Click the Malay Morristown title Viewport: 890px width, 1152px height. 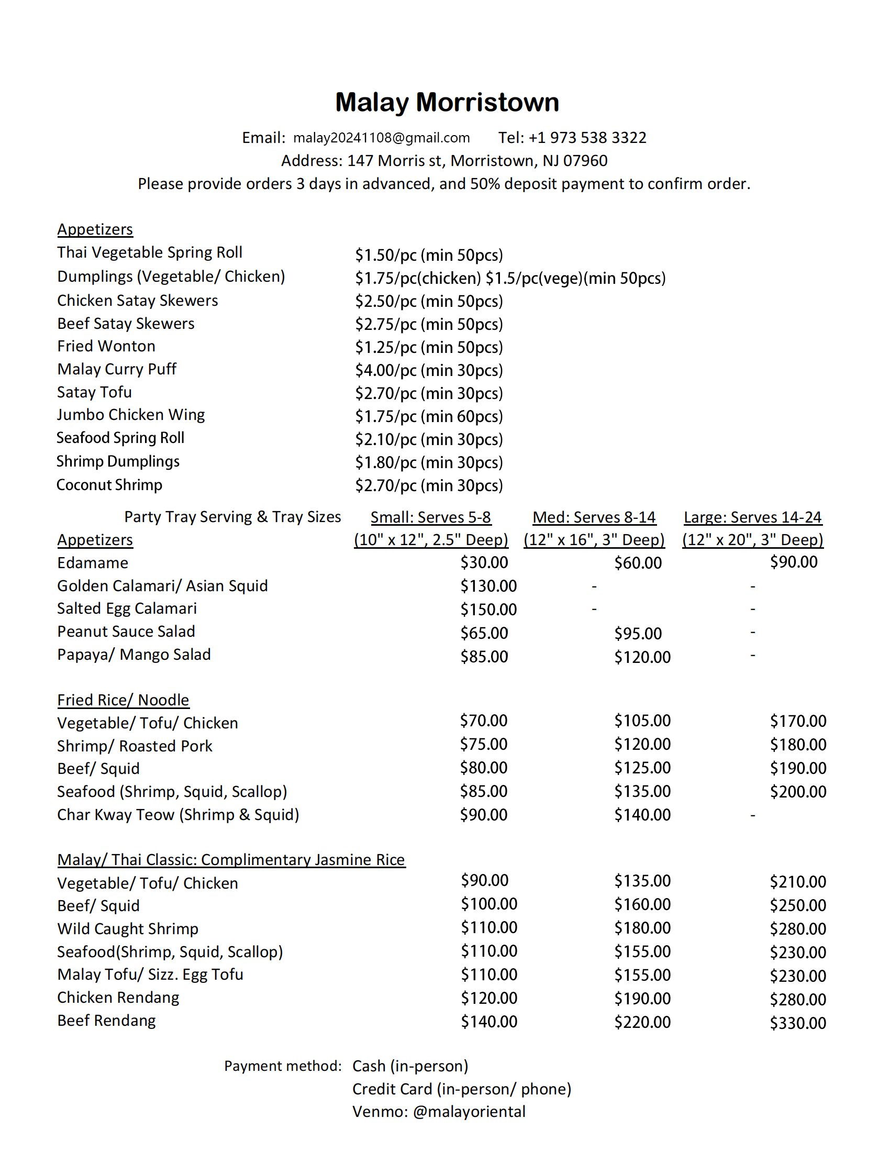(x=447, y=102)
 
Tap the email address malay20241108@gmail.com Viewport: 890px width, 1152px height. (x=381, y=138)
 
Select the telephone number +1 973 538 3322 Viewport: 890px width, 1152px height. (x=587, y=138)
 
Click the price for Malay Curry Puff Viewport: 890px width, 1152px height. (x=428, y=370)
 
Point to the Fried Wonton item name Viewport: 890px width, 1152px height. (x=106, y=346)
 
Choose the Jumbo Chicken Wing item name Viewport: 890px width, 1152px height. (x=131, y=415)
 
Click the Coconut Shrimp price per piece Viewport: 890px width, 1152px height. (x=428, y=485)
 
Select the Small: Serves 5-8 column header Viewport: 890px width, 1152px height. (x=430, y=517)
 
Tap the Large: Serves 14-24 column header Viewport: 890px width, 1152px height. (x=752, y=517)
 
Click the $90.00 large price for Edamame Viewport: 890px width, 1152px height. (x=794, y=562)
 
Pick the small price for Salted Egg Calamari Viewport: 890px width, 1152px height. (x=488, y=610)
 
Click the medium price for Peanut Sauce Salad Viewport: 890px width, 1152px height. (x=638, y=634)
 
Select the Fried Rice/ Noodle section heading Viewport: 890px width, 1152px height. (x=123, y=700)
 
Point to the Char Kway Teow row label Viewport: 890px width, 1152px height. (x=177, y=815)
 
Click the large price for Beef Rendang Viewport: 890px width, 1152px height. (x=798, y=1023)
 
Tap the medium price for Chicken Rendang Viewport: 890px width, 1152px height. (x=642, y=999)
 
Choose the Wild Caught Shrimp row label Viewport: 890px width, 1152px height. (x=128, y=929)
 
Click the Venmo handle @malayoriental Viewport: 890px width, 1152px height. (x=469, y=1112)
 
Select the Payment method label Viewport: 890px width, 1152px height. (x=283, y=1066)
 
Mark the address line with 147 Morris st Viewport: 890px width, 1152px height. (x=444, y=161)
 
